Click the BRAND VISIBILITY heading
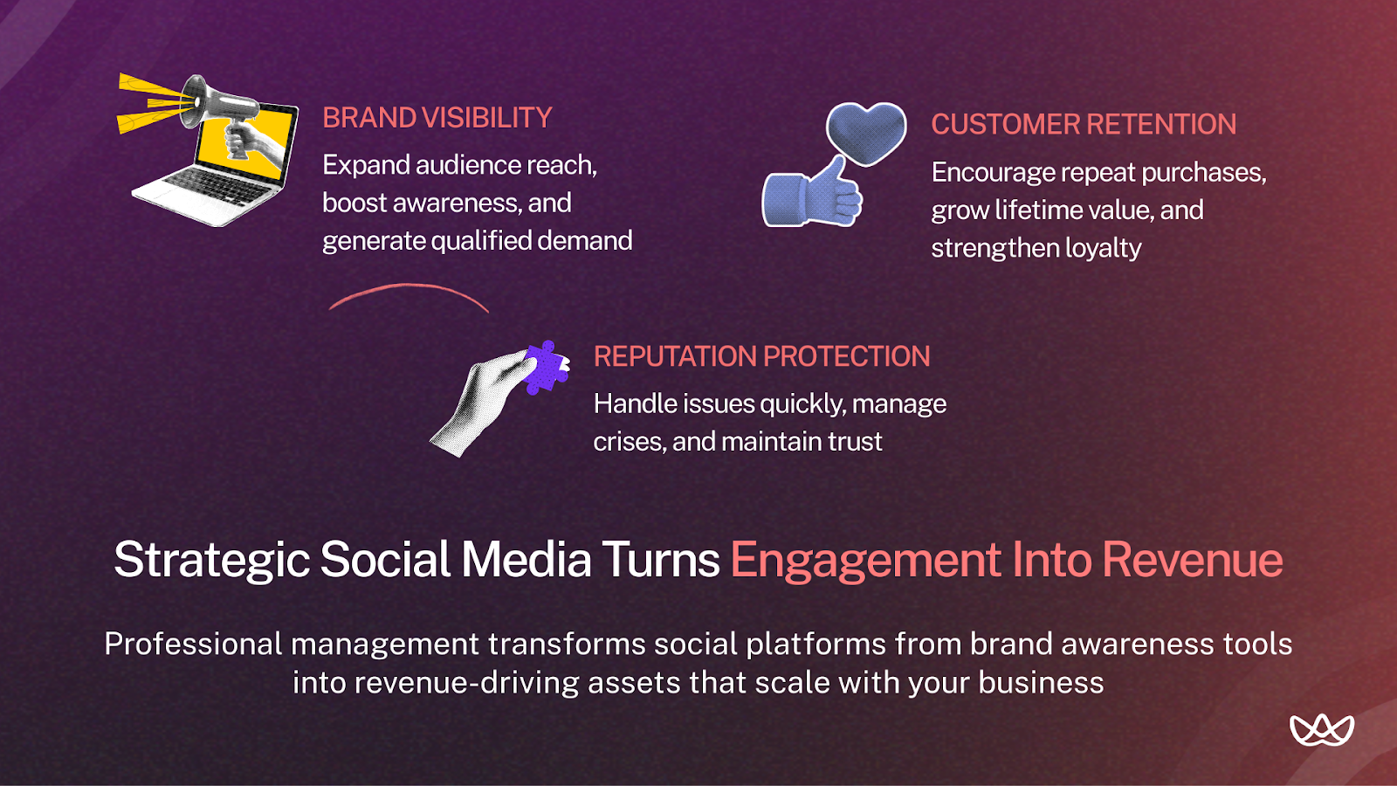pos(437,118)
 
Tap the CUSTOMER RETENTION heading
pos(1083,124)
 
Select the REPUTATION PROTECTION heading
pos(761,356)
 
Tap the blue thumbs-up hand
pos(812,196)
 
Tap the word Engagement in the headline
pos(865,560)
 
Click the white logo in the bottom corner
pos(1321,730)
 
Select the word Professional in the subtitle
pos(193,644)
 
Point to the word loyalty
pos(1103,248)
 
